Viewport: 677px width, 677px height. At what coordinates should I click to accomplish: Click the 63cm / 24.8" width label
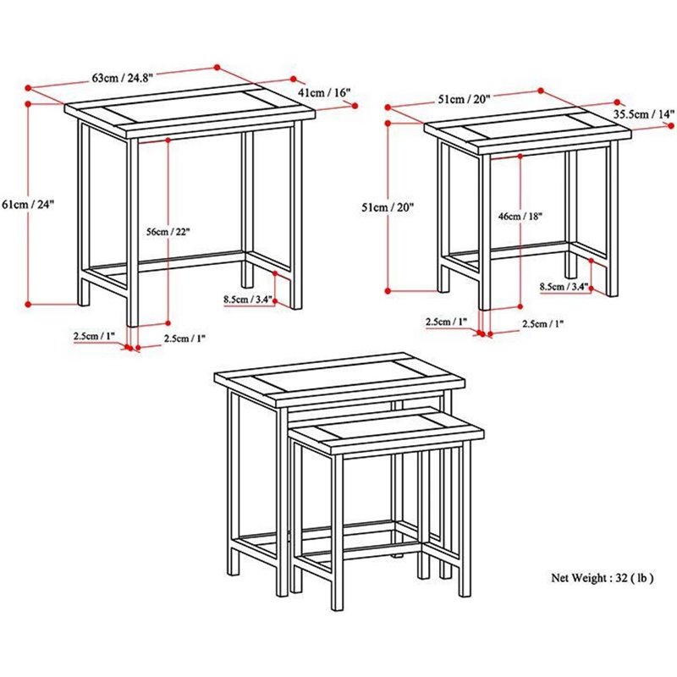pos(122,78)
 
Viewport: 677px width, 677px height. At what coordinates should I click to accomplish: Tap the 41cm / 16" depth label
pos(324,92)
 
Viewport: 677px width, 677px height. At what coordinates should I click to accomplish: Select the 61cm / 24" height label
pos(29,203)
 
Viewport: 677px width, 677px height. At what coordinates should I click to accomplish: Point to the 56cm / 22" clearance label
pos(168,232)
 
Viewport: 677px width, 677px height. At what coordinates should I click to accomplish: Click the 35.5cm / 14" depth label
pos(644,114)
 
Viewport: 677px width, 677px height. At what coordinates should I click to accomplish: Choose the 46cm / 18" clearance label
pos(520,217)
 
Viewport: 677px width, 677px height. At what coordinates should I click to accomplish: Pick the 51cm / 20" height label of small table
pos(388,206)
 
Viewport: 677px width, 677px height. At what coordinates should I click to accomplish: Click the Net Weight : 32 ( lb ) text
pos(602,578)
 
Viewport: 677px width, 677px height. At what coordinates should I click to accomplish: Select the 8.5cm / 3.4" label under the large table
pos(249,299)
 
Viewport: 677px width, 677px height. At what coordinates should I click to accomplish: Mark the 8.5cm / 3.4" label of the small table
pos(564,287)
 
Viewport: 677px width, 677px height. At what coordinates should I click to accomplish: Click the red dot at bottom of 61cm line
pos(29,304)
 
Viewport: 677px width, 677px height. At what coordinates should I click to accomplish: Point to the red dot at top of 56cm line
pos(168,140)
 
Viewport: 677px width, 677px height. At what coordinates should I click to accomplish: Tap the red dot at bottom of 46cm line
pos(520,306)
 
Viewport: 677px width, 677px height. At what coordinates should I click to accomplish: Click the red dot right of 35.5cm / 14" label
pos(670,125)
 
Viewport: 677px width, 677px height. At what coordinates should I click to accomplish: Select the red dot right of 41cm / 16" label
pos(355,106)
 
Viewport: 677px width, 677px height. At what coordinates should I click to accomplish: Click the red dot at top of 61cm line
pos(29,104)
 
